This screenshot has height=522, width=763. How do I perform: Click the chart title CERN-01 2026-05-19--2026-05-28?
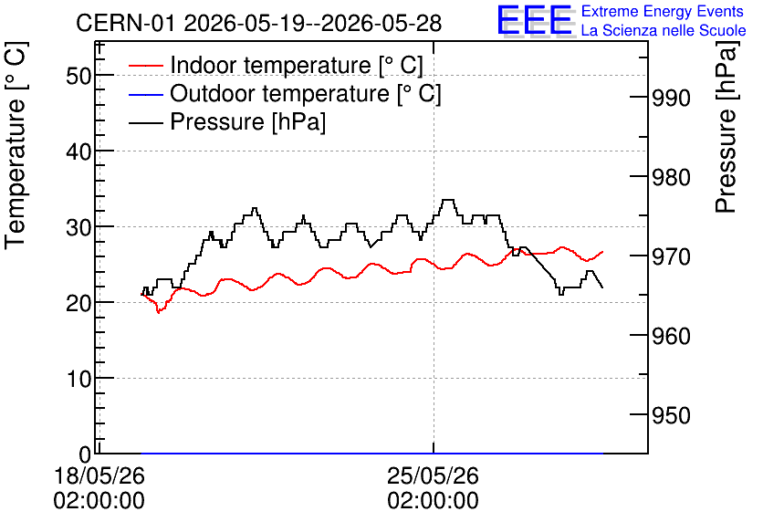[258, 23]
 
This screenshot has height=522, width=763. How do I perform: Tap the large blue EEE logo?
[535, 20]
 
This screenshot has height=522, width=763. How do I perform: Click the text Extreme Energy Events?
[662, 11]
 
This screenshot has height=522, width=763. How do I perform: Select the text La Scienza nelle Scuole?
[664, 30]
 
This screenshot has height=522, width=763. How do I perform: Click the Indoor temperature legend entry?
[276, 65]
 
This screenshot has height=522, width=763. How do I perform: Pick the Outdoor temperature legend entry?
[285, 93]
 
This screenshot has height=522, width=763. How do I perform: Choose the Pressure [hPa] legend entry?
[227, 121]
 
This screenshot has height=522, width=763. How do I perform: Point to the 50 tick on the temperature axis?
[78, 76]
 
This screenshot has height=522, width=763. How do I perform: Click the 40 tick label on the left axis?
[78, 151]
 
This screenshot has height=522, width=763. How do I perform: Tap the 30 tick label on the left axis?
[78, 227]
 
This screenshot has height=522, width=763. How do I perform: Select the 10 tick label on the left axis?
[78, 379]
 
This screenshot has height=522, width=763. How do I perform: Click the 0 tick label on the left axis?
[85, 454]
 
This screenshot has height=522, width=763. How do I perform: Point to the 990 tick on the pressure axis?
[671, 98]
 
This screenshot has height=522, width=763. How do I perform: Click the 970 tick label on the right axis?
[671, 256]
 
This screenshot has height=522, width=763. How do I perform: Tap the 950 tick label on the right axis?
[671, 415]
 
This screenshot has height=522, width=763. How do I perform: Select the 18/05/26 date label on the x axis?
[99, 475]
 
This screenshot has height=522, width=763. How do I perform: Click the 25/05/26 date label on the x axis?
[434, 475]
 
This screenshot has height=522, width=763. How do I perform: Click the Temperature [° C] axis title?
[16, 145]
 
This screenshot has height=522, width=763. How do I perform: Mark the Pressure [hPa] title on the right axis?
[726, 127]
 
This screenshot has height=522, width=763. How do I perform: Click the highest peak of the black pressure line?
[448, 200]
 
